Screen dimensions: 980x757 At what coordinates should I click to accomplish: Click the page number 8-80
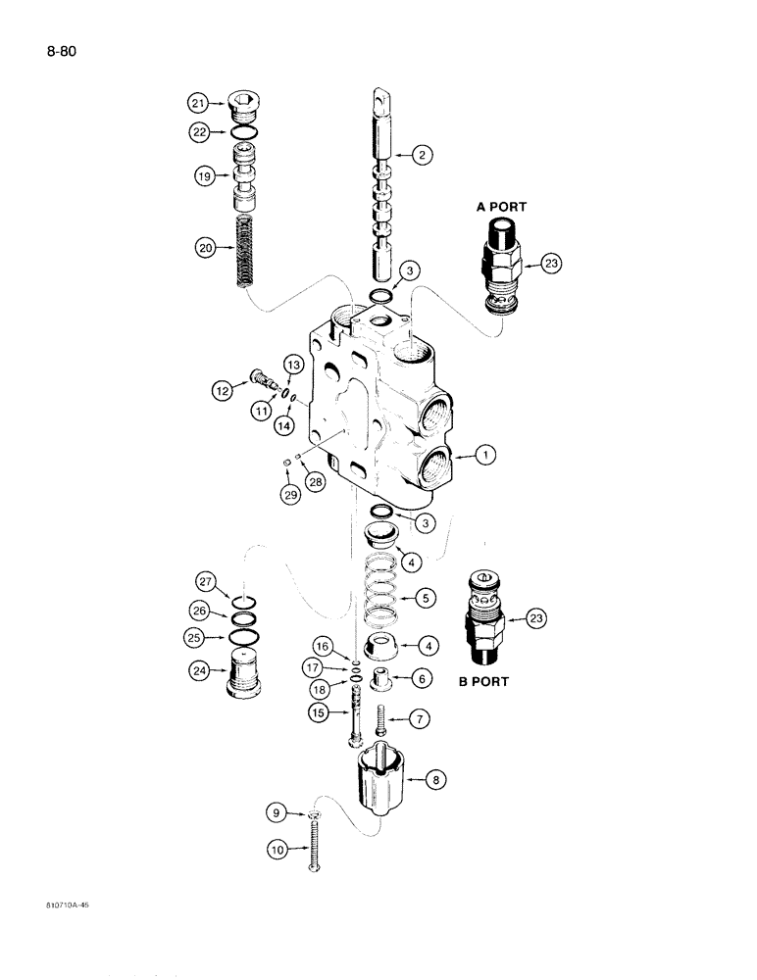point(56,50)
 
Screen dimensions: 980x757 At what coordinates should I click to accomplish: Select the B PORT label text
point(483,681)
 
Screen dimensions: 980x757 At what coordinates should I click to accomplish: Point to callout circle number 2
point(422,154)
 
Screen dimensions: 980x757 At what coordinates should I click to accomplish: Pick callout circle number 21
point(198,102)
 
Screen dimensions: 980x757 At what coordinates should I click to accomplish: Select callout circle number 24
point(198,671)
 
